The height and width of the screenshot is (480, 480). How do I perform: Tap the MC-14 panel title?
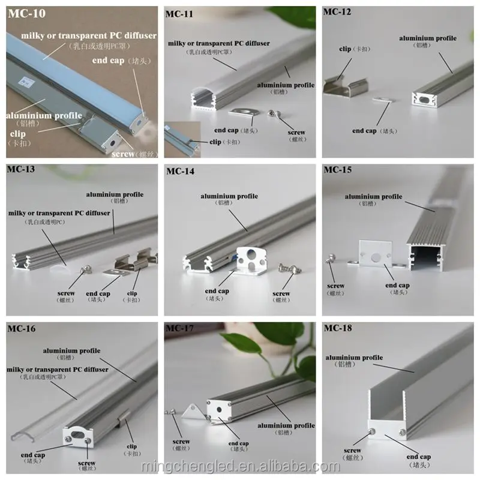[180, 171]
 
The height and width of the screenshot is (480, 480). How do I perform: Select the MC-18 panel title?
[338, 329]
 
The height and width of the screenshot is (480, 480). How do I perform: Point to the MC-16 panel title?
[22, 329]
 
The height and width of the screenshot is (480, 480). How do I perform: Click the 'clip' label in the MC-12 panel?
[345, 49]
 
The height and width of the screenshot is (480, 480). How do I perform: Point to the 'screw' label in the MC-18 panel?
[353, 450]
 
